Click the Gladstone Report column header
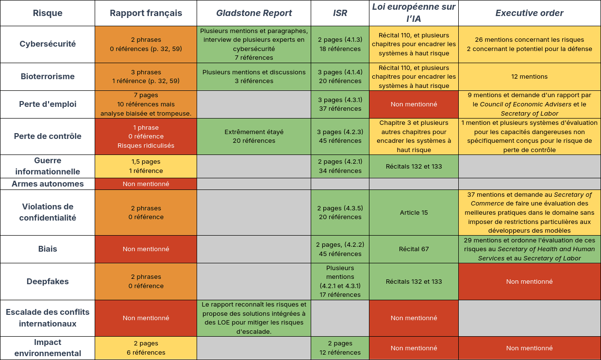(253, 13)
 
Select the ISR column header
(340, 13)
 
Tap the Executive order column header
(529, 13)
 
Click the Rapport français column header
(146, 13)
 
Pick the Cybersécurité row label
(48, 44)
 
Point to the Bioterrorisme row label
(48, 76)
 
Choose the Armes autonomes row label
(48, 184)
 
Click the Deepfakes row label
(48, 281)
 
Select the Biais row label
(48, 249)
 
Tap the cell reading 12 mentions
(529, 76)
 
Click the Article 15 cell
(414, 212)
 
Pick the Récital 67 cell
(414, 249)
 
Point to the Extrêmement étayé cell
(253, 136)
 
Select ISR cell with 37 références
(340, 104)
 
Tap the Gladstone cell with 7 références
(253, 44)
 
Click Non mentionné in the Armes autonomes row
(146, 184)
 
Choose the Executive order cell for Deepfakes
(529, 281)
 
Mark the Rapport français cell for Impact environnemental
(146, 348)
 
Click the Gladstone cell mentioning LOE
(253, 318)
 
